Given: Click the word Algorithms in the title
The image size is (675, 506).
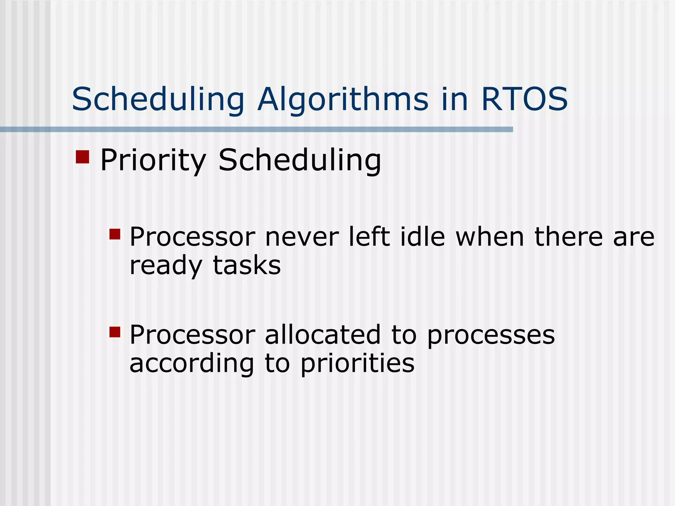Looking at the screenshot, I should click(x=343, y=99).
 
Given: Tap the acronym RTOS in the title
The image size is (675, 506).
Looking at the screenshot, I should click(x=524, y=99).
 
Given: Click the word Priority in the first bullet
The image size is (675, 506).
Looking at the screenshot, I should click(x=153, y=160).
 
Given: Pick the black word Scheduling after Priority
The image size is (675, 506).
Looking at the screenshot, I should click(x=300, y=160).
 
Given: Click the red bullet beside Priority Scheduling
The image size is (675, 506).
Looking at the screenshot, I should click(x=82, y=157).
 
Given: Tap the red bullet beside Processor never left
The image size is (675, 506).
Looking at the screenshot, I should click(x=115, y=234).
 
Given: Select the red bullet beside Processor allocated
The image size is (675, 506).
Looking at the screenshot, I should click(x=115, y=332).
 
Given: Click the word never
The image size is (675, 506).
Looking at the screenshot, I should click(x=302, y=237).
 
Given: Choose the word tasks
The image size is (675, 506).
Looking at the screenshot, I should click(x=247, y=266).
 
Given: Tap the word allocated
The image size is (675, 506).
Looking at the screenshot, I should click(x=323, y=335).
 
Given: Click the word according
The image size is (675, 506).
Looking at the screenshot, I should click(x=191, y=364).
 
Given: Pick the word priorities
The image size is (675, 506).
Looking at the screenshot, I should click(x=357, y=364).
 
